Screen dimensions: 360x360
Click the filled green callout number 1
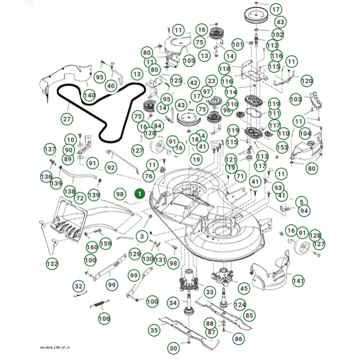click(140, 193)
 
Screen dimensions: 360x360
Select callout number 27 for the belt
click(67, 119)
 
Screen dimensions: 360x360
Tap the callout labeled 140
click(89, 95)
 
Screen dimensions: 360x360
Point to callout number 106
click(104, 319)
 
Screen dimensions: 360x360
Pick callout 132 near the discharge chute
click(52, 263)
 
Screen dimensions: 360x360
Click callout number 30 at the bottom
click(174, 348)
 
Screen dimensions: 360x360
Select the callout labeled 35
click(154, 330)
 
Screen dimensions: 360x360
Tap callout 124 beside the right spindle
click(240, 305)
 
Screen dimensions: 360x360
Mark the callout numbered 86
click(238, 338)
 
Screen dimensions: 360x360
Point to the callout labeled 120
click(306, 81)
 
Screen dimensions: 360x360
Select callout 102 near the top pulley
click(278, 34)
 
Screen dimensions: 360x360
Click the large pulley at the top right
click(255, 15)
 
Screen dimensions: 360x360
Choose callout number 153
click(282, 147)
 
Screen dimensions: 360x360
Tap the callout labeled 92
click(111, 167)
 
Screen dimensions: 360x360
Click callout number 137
click(49, 149)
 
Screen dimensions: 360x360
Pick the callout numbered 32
click(79, 286)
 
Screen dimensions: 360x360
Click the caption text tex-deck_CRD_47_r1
click(55, 348)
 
